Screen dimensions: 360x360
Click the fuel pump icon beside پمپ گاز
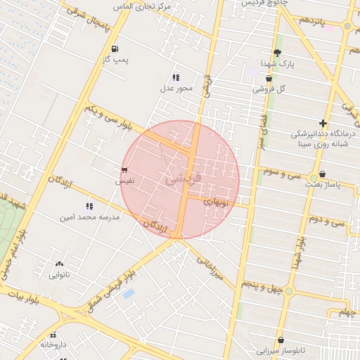tap(114, 49)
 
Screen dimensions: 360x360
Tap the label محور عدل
tap(176, 88)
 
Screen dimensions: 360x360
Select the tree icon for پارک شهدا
tap(277, 52)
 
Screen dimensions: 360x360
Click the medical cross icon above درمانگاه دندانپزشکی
tap(323, 123)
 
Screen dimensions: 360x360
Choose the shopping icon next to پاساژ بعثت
tap(322, 174)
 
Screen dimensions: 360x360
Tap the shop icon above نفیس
tap(124, 170)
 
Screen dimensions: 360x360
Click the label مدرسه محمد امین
tap(89, 217)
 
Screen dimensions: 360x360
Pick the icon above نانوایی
tap(58, 264)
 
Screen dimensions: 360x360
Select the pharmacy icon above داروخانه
tap(54, 334)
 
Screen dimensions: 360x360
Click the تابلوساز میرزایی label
tap(280, 349)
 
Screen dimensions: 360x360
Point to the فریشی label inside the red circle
tap(184, 179)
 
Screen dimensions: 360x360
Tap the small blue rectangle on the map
tap(128, 292)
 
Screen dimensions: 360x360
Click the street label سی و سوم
tap(281, 171)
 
